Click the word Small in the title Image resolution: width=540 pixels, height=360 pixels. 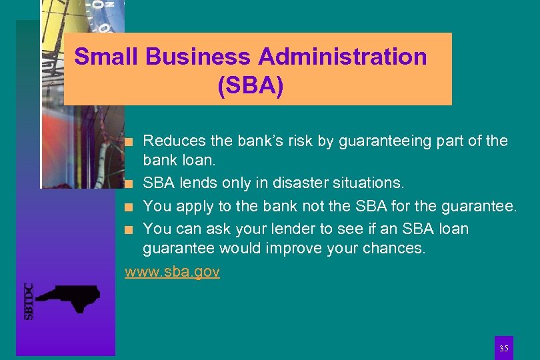(x=107, y=57)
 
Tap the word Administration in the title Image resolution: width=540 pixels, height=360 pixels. (x=343, y=57)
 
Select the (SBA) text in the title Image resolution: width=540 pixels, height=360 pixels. (x=250, y=87)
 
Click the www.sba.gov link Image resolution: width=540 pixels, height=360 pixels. (x=173, y=272)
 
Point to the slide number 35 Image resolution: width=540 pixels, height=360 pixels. (x=504, y=348)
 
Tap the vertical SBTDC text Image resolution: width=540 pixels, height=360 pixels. (x=29, y=301)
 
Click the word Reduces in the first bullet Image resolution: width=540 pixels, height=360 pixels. (x=173, y=141)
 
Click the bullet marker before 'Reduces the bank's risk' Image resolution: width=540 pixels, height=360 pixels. (x=134, y=141)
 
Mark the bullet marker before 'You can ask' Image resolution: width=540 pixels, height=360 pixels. (x=134, y=229)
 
